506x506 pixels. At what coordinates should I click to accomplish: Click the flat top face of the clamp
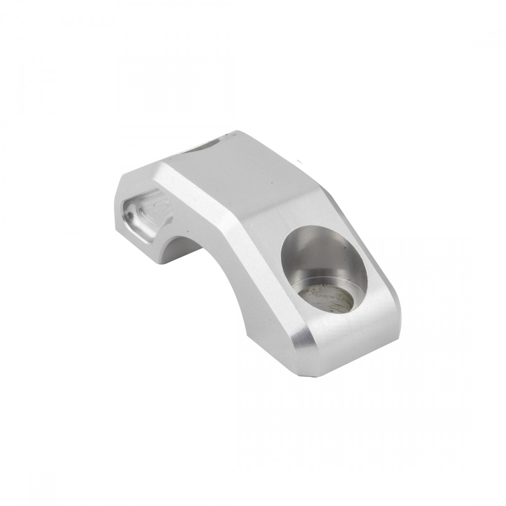245,177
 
